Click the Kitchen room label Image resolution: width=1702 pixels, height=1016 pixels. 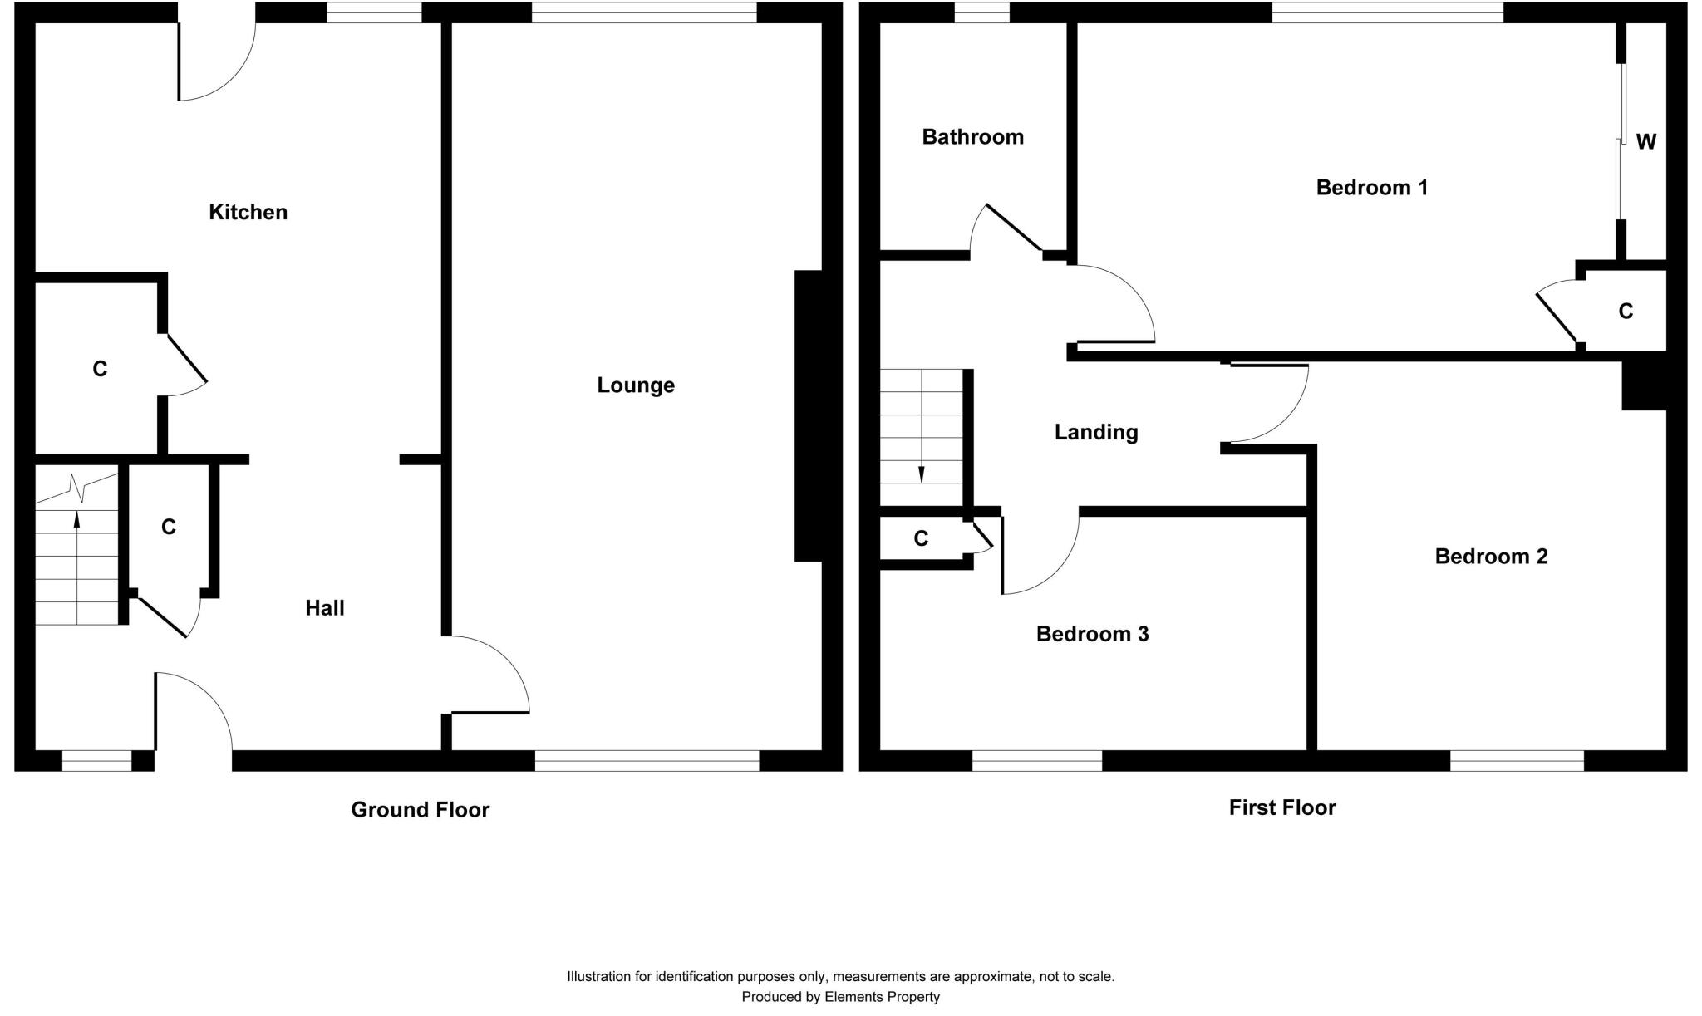248,213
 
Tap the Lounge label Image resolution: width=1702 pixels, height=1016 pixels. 636,385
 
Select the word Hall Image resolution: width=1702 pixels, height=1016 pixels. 324,608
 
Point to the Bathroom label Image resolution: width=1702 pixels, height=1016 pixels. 972,137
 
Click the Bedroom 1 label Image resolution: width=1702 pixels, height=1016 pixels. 1371,188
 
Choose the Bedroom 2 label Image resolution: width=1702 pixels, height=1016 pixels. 1491,557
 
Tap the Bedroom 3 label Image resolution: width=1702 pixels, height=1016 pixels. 1092,635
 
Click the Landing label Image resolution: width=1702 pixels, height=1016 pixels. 1095,432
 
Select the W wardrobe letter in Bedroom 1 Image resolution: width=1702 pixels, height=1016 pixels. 1645,142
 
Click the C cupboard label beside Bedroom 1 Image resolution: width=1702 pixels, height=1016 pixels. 1626,312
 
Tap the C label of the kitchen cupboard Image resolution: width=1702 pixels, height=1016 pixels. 100,369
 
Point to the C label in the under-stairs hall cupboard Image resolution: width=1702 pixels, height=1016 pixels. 169,527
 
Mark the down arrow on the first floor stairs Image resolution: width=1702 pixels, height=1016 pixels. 921,474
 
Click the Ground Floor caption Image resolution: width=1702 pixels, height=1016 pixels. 420,810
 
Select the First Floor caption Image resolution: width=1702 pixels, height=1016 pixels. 1281,807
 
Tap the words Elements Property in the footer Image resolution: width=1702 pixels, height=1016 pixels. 882,997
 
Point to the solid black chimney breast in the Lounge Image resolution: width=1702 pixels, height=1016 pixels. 808,415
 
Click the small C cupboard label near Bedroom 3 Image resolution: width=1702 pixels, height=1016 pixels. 921,539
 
